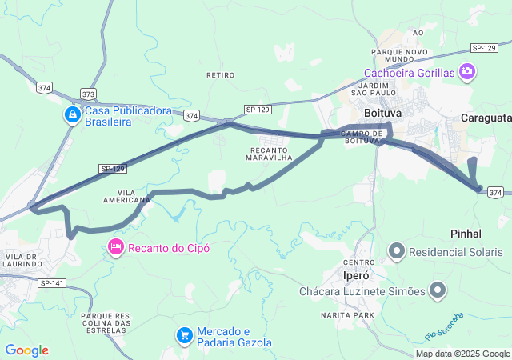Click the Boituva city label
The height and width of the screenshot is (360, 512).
(381, 114)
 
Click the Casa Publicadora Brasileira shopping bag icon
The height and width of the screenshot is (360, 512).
(73, 115)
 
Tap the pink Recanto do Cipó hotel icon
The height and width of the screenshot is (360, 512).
(115, 247)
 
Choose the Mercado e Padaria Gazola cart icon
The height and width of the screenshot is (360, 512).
(185, 334)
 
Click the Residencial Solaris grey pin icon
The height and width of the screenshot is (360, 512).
(396, 252)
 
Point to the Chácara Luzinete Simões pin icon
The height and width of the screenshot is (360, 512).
(438, 290)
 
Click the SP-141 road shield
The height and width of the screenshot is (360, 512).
(52, 283)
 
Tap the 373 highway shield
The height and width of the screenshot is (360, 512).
(88, 94)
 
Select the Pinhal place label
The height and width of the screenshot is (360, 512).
(466, 234)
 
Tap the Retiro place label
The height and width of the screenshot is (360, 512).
(220, 75)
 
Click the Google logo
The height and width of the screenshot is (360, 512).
(26, 350)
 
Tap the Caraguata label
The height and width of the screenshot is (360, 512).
(486, 118)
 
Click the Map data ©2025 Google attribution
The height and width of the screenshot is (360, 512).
(462, 354)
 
